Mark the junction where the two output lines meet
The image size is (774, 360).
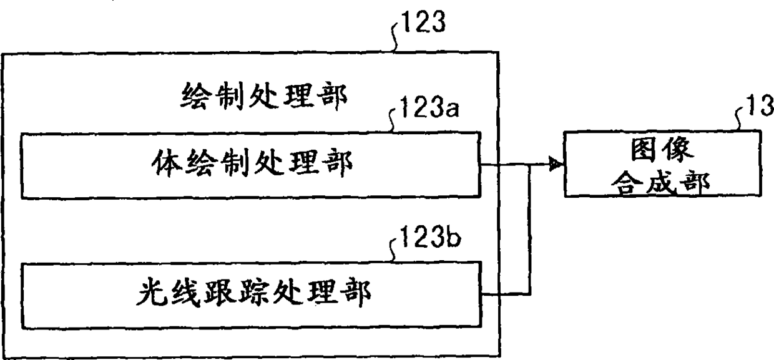529,165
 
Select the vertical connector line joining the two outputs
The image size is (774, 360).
529,231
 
